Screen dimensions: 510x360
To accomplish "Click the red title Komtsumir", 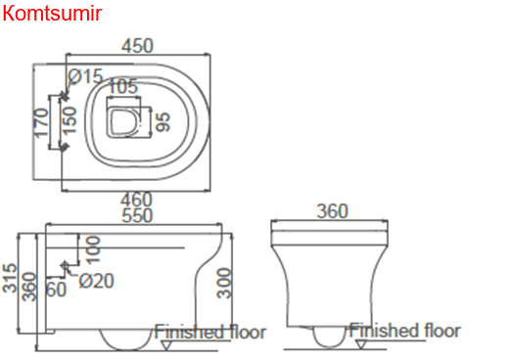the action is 52,13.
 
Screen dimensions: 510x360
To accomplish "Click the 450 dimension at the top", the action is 137,46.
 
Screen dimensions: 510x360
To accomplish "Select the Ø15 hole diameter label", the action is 85,76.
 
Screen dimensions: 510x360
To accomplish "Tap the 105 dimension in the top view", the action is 122,86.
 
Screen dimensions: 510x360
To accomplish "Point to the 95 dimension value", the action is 162,122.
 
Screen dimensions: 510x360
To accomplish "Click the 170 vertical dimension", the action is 41,123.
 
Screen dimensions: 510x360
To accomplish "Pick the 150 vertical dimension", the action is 70,120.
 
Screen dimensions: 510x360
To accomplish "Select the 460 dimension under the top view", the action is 136,199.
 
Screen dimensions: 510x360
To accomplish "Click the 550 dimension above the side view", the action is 137,215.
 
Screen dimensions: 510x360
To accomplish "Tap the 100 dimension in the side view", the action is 93,250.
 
